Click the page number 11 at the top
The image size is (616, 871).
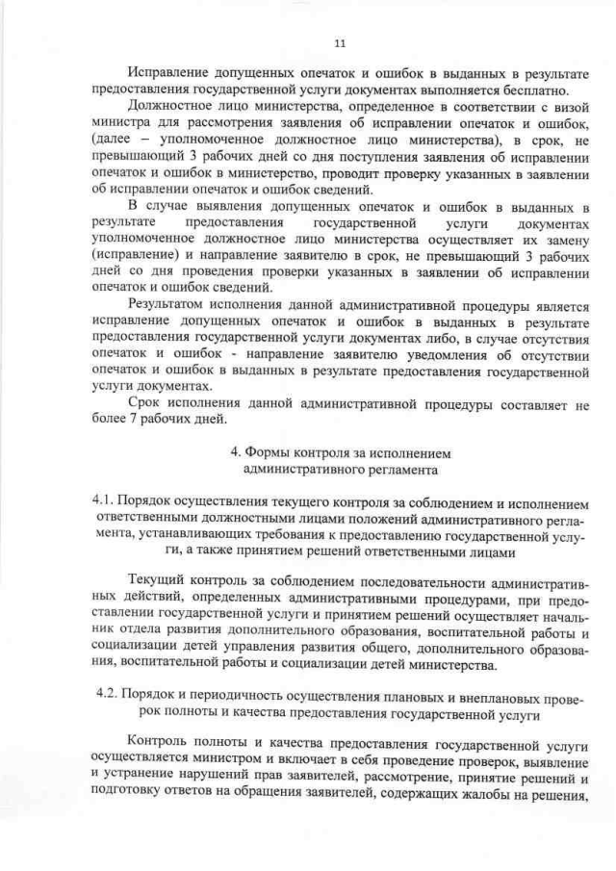(339, 42)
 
